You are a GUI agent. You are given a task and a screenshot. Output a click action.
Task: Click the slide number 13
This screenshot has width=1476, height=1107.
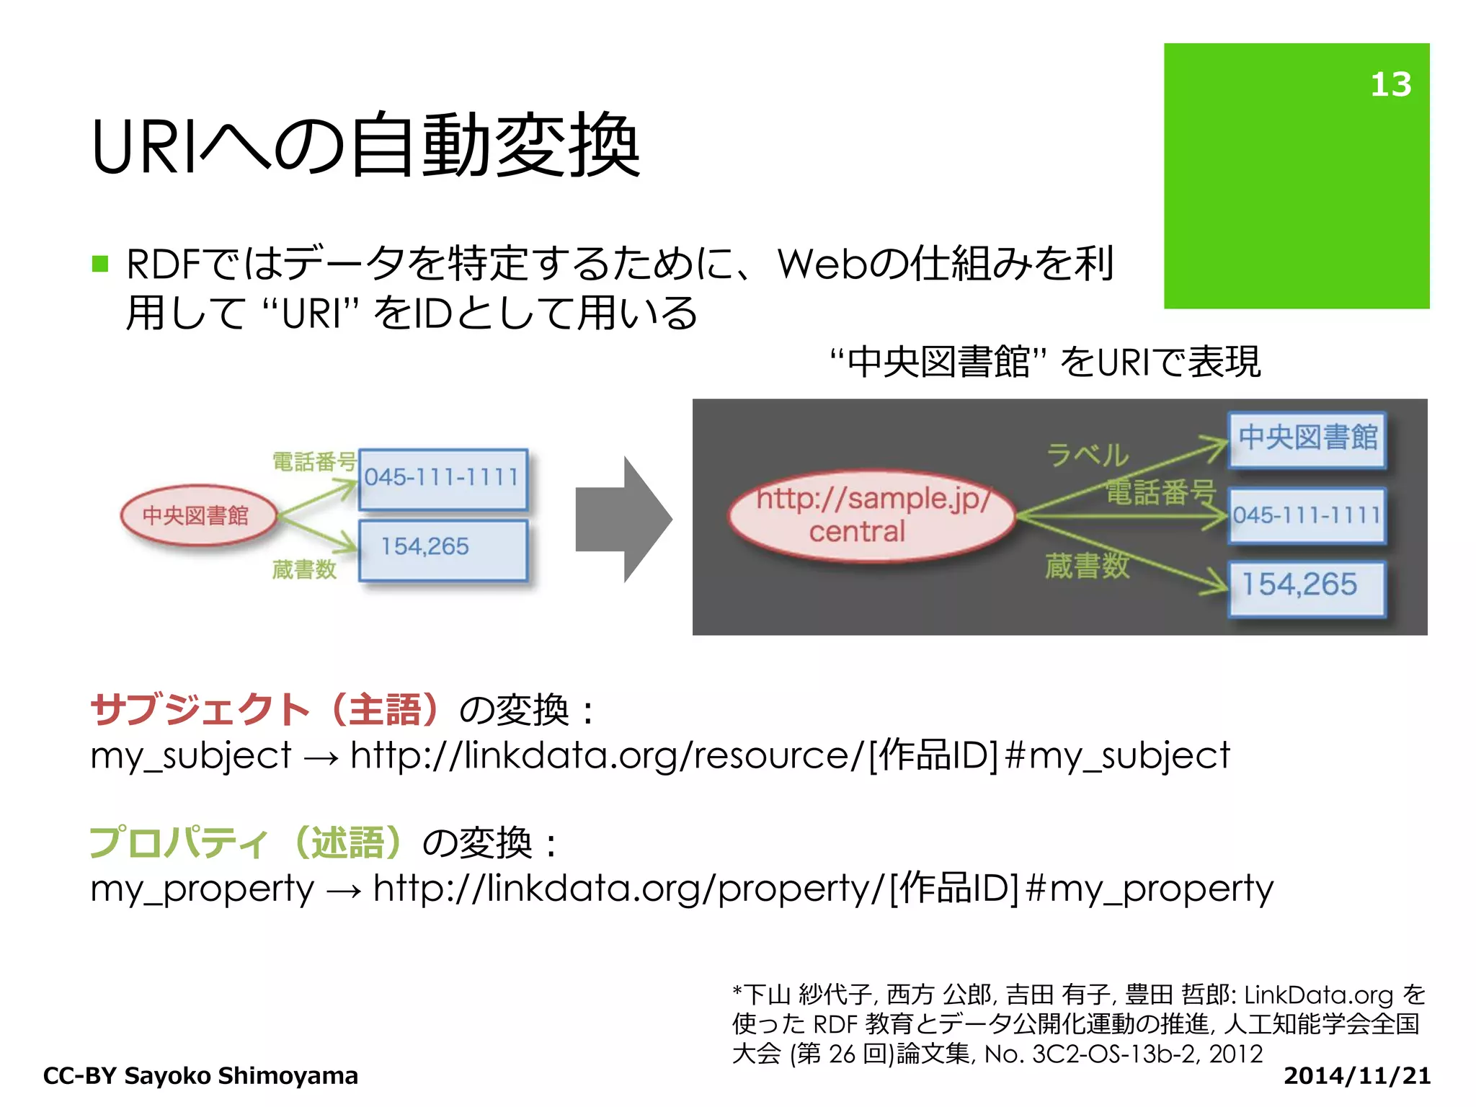pyautogui.click(x=1390, y=84)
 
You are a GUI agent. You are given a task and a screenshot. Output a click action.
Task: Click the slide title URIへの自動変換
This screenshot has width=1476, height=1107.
pyautogui.click(x=365, y=146)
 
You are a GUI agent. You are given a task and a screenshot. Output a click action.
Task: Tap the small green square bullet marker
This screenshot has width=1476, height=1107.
pyautogui.click(x=100, y=264)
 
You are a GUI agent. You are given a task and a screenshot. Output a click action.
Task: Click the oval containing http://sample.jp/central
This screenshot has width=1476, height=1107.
pyautogui.click(x=871, y=515)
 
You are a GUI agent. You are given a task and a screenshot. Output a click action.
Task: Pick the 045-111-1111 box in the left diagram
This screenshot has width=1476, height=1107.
pyautogui.click(x=443, y=479)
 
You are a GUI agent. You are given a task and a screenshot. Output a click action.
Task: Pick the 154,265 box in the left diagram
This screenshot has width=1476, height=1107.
pyautogui.click(x=443, y=549)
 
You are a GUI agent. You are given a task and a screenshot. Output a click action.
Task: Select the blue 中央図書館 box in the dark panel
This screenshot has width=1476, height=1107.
pyautogui.click(x=1307, y=438)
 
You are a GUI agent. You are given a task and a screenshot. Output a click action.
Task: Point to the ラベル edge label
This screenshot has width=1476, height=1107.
pyautogui.click(x=1087, y=455)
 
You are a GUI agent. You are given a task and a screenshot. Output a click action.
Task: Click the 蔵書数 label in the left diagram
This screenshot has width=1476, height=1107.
pyautogui.click(x=304, y=570)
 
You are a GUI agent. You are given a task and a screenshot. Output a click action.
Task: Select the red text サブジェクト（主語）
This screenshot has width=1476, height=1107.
pyautogui.click(x=265, y=709)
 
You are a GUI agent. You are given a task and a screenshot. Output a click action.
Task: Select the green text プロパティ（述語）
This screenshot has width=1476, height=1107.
pyautogui.click(x=245, y=842)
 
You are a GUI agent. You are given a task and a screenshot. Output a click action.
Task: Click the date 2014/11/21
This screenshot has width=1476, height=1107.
pyautogui.click(x=1356, y=1075)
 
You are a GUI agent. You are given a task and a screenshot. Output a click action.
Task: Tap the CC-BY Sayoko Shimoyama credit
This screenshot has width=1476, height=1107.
pyautogui.click(x=200, y=1075)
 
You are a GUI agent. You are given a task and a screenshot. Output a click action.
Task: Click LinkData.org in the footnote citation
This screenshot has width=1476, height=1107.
pyautogui.click(x=1318, y=995)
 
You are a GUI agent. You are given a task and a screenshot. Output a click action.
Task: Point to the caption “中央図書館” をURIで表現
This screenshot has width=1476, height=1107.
pyautogui.click(x=1045, y=362)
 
